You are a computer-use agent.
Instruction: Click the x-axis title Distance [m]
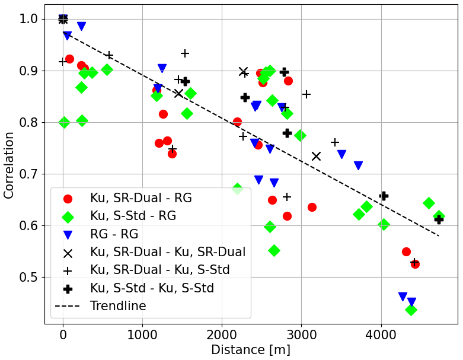251,350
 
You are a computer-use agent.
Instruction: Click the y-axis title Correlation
9,165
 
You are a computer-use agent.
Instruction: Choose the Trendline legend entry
118,306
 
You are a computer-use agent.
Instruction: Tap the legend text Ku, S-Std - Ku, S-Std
152,288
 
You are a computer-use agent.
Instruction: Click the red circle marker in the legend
68,199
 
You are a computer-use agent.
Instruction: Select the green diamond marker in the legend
68,216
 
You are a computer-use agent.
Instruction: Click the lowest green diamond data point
411,310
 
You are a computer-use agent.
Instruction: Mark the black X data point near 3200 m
316,156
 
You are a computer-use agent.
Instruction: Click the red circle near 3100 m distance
312,207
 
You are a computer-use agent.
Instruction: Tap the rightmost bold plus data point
439,219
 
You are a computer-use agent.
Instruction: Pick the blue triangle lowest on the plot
411,302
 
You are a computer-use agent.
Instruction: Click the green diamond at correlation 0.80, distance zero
64,122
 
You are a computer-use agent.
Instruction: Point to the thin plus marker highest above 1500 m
185,53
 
